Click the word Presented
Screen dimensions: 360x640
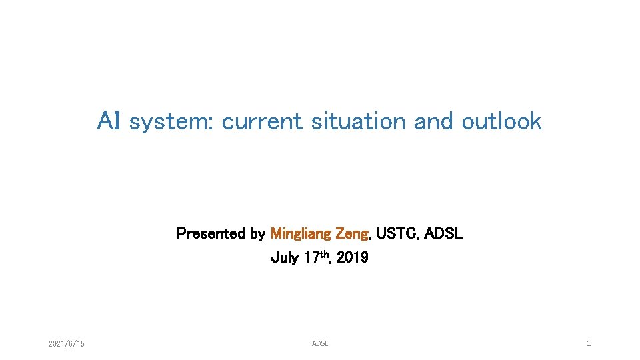click(x=211, y=234)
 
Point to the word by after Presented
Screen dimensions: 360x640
click(x=257, y=235)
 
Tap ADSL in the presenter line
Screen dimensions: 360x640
click(x=443, y=234)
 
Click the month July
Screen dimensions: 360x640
click(x=285, y=258)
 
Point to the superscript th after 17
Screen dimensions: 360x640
click(x=325, y=255)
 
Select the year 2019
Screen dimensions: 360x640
click(x=352, y=258)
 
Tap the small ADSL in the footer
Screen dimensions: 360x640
click(x=320, y=344)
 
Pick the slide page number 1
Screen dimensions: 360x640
click(x=589, y=344)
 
